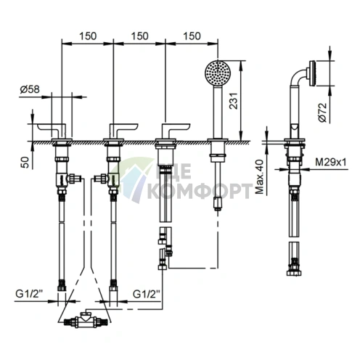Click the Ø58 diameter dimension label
click(x=30, y=89)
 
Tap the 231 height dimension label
click(x=234, y=100)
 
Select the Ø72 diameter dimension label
click(x=322, y=112)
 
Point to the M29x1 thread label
click(x=331, y=162)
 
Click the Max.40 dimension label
click(x=260, y=177)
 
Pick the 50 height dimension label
click(x=25, y=162)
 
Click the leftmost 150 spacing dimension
click(x=88, y=36)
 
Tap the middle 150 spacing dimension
click(x=139, y=36)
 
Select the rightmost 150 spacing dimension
click(x=192, y=36)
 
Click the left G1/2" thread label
click(x=29, y=294)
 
